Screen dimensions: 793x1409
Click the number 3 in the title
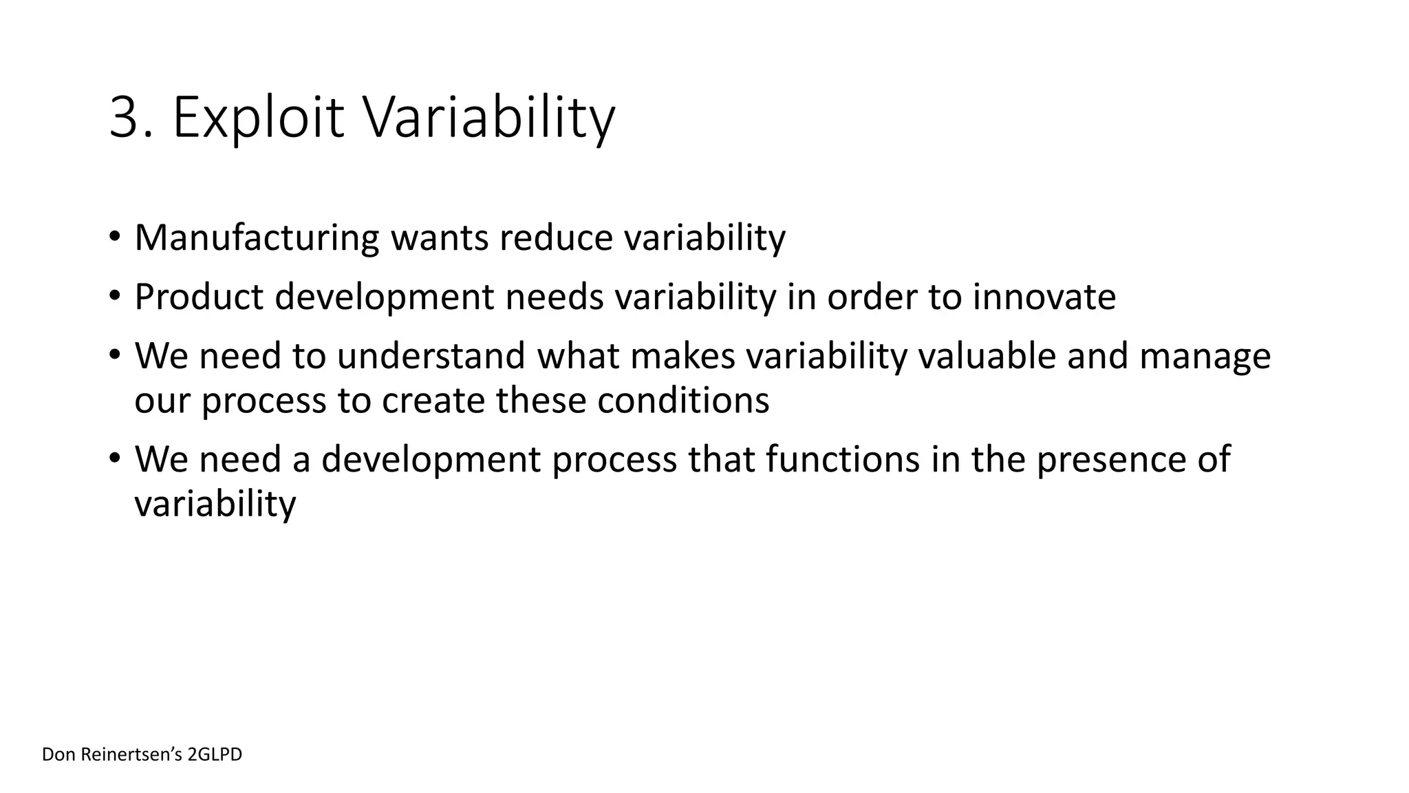point(126,118)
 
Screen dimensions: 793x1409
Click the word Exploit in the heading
point(258,118)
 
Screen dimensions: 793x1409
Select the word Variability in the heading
point(488,118)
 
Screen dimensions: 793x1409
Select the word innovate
point(1044,297)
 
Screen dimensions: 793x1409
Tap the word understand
point(431,356)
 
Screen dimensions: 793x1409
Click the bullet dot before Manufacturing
point(114,237)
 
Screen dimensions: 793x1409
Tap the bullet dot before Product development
point(114,297)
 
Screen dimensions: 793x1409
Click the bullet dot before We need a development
point(114,459)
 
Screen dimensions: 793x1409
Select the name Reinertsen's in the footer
point(131,754)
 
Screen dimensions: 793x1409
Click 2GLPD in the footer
point(215,754)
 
